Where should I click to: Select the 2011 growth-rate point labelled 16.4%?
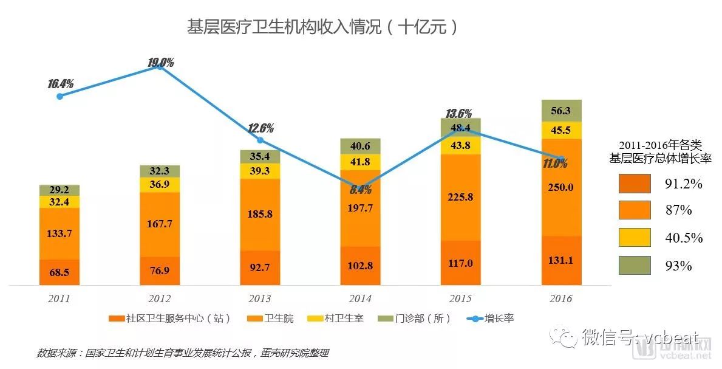(60, 96)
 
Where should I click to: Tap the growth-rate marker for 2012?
(160, 67)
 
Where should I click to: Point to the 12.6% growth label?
(261, 128)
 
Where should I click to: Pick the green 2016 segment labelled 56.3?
(562, 111)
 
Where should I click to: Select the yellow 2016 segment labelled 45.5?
(562, 130)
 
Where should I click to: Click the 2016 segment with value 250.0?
(562, 187)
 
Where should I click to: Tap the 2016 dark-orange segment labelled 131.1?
(562, 260)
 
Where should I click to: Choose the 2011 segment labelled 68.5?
(60, 272)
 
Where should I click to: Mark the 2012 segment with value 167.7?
(160, 224)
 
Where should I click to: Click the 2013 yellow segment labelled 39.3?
(261, 171)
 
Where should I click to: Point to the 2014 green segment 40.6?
(361, 146)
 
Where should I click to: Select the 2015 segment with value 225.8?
(461, 197)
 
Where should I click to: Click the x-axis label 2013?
(261, 299)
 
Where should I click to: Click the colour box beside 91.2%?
(635, 184)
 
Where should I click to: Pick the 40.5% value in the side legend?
(683, 238)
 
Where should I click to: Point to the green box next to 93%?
(635, 266)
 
